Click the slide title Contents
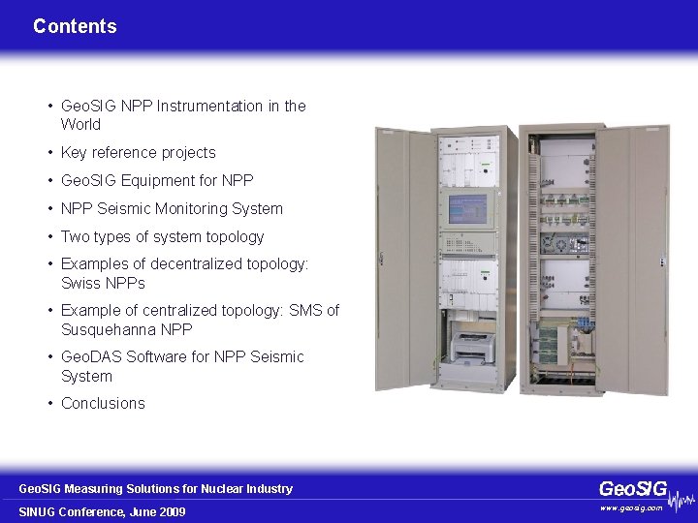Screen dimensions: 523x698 click(x=75, y=27)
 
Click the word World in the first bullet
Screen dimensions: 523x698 click(x=80, y=124)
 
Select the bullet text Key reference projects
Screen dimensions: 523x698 click(x=138, y=152)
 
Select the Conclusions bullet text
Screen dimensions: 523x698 click(x=103, y=403)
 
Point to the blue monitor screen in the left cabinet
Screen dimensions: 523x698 click(x=467, y=207)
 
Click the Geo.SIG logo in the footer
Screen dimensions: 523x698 click(x=633, y=489)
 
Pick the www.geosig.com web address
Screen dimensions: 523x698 click(x=631, y=508)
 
